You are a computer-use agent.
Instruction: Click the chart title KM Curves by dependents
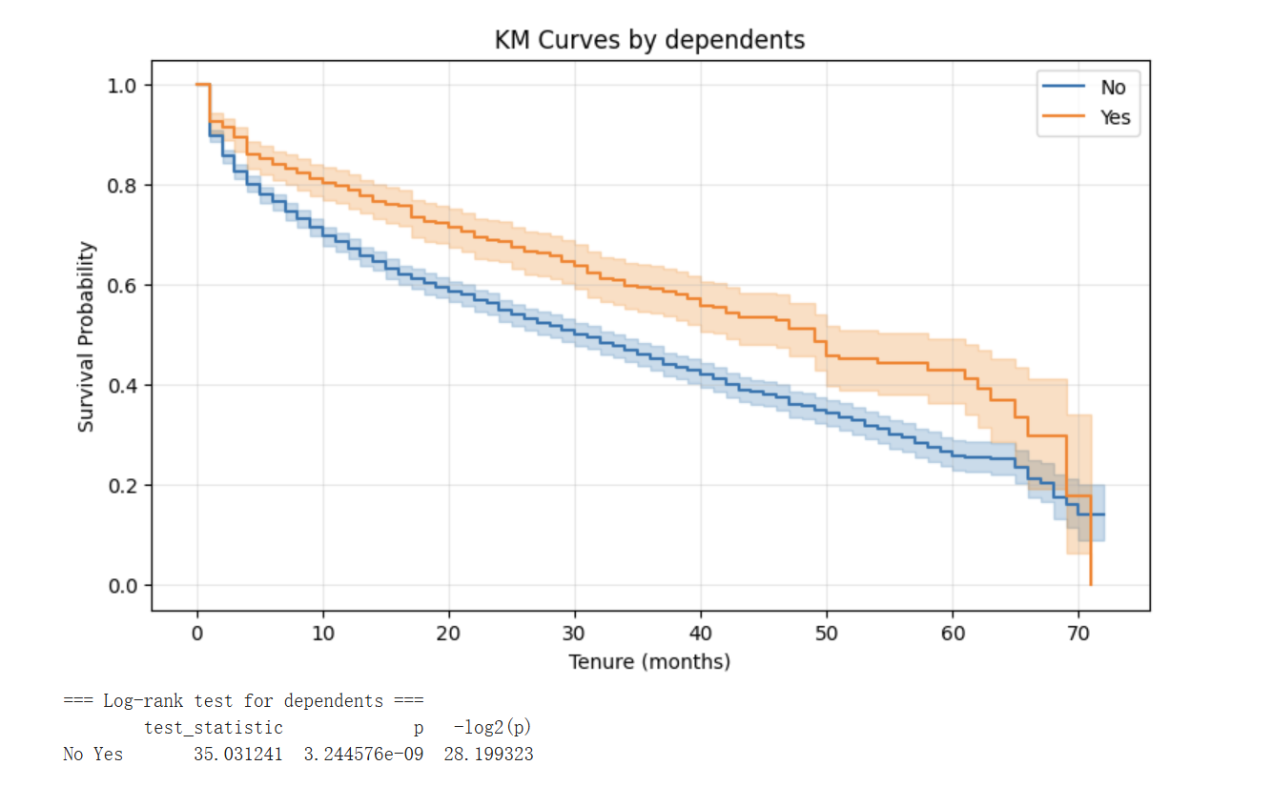[x=649, y=40]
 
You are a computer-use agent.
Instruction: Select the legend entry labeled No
[x=1112, y=88]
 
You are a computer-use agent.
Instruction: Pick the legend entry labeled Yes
[x=1115, y=117]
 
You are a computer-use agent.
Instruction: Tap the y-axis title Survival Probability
[x=87, y=336]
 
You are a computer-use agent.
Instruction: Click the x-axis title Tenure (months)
[x=649, y=661]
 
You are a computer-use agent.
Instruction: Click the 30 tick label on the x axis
[x=575, y=633]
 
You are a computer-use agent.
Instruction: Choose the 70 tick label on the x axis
[x=1078, y=633]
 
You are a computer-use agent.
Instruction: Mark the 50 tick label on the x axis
[x=827, y=633]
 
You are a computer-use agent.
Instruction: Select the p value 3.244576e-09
[x=363, y=755]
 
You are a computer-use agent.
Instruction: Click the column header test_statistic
[x=214, y=728]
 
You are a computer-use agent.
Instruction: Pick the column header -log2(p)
[x=492, y=728]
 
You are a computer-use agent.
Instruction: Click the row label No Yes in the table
[x=92, y=755]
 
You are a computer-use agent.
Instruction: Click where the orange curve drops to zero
[x=1090, y=584]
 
